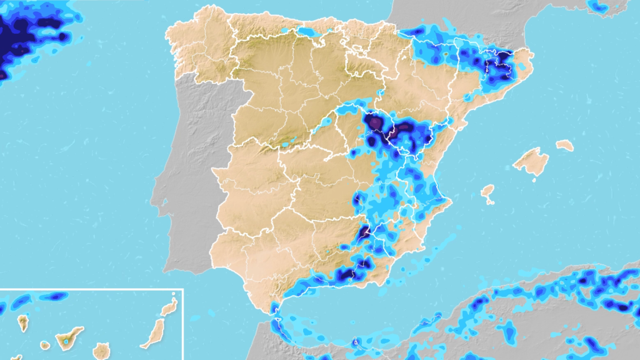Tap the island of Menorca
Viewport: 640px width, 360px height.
click(564, 145)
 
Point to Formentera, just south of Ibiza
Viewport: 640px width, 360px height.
click(490, 202)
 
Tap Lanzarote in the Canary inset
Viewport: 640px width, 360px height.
click(169, 307)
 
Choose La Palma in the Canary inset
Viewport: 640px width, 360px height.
click(23, 322)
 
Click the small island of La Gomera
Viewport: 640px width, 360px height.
click(45, 345)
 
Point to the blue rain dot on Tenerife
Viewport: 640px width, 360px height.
click(66, 341)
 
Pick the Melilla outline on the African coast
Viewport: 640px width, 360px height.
click(354, 342)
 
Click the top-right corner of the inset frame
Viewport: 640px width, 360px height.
click(182, 289)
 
